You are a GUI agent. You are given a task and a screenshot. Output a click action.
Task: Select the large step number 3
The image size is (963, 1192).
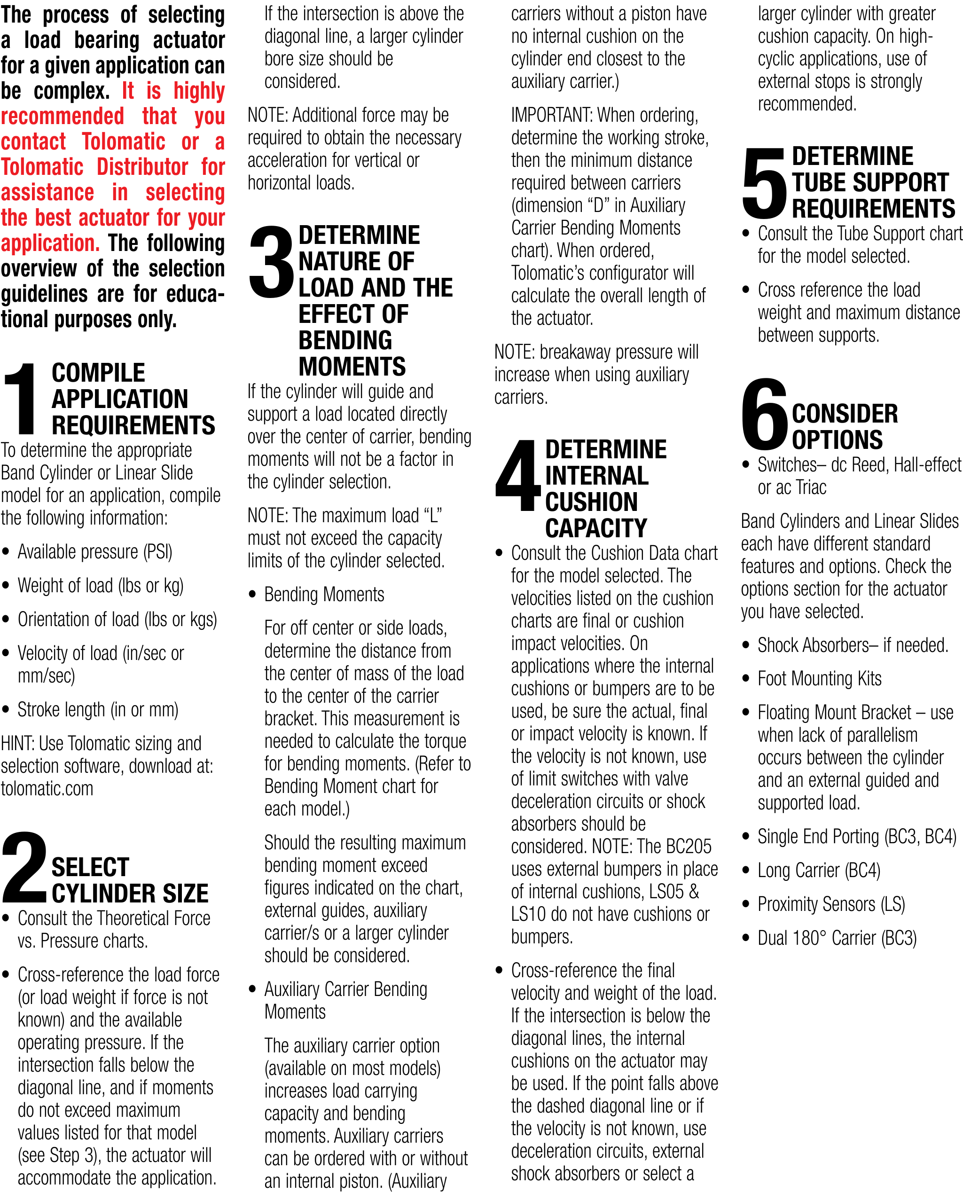pos(271,261)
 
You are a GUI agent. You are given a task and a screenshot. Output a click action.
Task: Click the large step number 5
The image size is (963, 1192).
pos(764,182)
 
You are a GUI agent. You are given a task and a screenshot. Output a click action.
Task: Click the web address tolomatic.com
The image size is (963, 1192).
pos(47,788)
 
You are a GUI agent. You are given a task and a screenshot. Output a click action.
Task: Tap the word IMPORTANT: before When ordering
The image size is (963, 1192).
pos(551,115)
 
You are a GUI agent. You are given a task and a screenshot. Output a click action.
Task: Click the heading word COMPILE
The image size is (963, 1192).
pos(98,373)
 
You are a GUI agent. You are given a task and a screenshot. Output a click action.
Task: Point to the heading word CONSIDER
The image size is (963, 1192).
pos(844,413)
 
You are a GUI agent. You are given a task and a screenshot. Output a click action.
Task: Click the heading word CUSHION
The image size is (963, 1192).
pos(591,502)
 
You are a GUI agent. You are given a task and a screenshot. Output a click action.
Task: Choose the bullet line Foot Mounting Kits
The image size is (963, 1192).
pos(819,678)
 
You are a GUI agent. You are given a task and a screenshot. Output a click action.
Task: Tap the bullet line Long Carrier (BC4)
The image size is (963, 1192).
pos(818,870)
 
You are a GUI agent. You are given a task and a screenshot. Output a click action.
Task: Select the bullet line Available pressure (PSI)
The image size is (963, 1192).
pos(95,552)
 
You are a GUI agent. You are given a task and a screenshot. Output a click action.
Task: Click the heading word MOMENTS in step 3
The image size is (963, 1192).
pos(352,366)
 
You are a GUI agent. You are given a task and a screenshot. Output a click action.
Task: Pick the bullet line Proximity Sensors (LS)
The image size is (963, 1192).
pos(830,904)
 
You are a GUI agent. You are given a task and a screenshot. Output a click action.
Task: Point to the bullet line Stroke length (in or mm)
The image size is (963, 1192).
pos(98,709)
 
